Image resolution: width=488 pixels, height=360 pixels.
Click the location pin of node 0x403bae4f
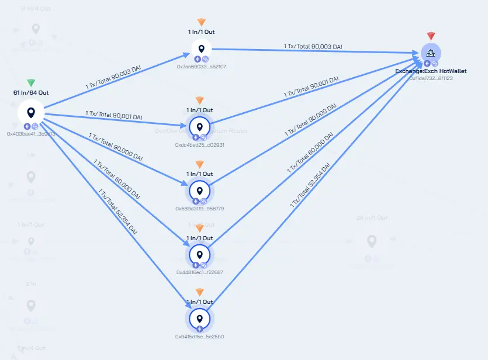coord(31,112)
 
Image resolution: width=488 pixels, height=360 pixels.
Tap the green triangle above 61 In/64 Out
coord(31,83)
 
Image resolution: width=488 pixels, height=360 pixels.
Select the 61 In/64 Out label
coord(31,92)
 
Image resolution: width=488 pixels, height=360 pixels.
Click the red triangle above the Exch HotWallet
coord(431,36)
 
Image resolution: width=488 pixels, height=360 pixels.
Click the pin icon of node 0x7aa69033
coord(201,49)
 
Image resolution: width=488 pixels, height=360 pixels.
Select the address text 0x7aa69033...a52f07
coord(201,67)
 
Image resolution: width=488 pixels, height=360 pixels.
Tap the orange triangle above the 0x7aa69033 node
coord(201,22)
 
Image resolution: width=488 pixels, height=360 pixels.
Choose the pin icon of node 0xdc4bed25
coord(200,127)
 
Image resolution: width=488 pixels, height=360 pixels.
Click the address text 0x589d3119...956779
coord(200,208)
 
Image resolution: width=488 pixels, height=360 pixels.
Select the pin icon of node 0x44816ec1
coord(200,255)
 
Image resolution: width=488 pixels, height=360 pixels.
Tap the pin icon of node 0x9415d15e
coord(200,319)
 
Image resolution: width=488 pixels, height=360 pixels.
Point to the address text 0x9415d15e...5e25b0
coord(200,337)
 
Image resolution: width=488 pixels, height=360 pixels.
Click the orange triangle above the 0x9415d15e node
coord(200,292)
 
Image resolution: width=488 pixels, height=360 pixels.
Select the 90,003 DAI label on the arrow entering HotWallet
coord(313,46)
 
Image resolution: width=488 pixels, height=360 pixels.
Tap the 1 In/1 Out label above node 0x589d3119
coord(200,174)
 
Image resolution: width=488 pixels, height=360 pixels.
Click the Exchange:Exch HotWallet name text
coord(431,71)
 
